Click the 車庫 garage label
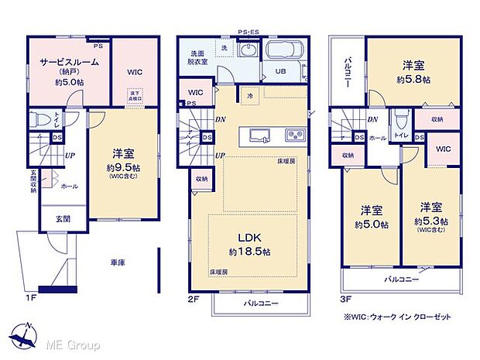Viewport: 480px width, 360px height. pyautogui.click(x=117, y=263)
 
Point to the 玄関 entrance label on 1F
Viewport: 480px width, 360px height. pyautogui.click(x=60, y=219)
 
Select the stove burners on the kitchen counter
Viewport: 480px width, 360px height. pyautogui.click(x=296, y=134)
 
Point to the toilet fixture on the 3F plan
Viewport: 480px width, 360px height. pyautogui.click(x=399, y=122)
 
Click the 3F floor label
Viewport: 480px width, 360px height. pyautogui.click(x=337, y=295)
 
